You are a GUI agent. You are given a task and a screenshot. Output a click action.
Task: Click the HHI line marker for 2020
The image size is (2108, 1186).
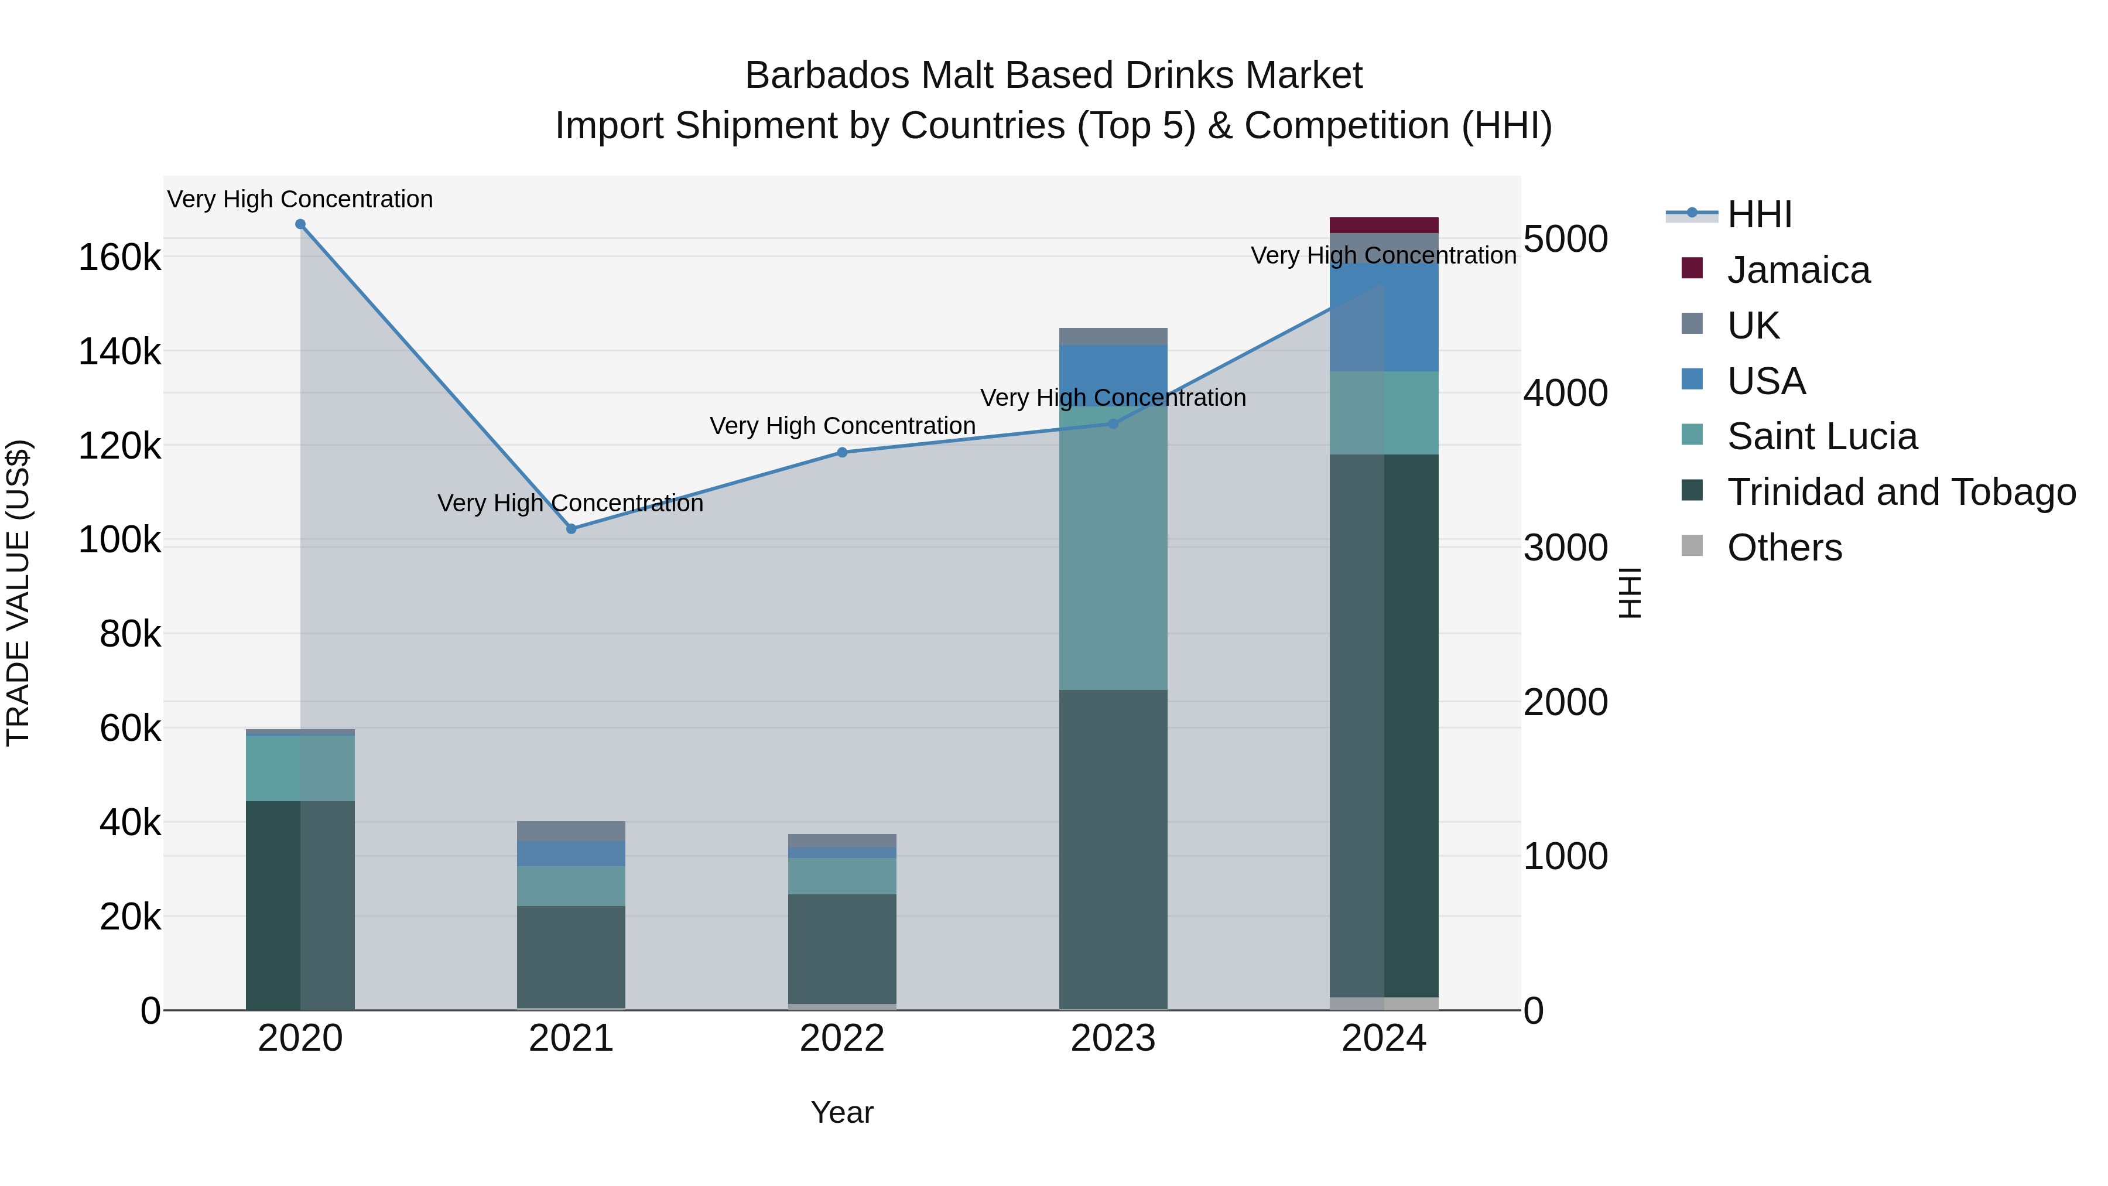300,224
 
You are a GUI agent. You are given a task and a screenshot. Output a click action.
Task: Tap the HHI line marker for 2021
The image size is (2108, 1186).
571,529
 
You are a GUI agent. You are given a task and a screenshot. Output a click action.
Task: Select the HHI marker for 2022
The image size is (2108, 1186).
842,453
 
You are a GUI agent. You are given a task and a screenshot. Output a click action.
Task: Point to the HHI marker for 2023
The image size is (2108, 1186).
1113,424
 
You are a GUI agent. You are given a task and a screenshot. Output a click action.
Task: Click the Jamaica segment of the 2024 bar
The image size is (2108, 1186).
1384,225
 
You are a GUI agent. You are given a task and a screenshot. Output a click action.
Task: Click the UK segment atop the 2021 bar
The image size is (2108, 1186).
571,830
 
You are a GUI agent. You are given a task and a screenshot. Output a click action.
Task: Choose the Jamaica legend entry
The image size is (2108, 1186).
1798,270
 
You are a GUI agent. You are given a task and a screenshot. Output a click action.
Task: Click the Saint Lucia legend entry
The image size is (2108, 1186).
1822,436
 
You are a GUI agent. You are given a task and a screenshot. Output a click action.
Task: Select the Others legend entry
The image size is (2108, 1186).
1784,548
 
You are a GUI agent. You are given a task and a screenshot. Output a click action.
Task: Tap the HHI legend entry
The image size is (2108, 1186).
1760,214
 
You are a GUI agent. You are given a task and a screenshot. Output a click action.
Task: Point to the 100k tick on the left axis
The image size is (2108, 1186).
119,540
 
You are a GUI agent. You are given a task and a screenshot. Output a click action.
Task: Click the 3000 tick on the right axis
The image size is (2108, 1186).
1565,548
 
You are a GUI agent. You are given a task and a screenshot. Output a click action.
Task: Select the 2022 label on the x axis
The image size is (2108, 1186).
842,1038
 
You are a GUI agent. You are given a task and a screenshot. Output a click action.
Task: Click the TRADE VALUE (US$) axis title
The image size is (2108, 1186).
19,593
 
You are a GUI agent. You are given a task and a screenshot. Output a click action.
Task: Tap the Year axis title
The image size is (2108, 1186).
842,1112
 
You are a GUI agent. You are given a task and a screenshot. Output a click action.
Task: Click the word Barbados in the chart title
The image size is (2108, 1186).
826,76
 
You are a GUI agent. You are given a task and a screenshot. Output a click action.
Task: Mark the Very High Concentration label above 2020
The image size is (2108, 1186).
300,199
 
